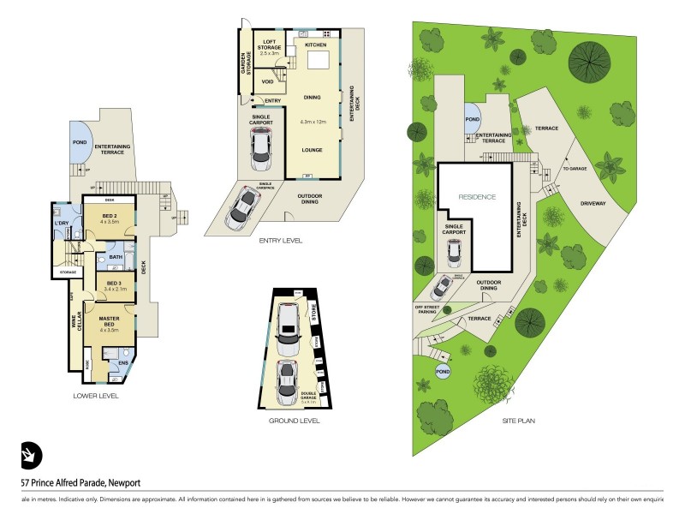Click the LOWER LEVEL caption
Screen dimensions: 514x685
pos(95,396)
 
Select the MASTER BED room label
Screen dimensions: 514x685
pos(109,319)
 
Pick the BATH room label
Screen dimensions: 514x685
pos(116,256)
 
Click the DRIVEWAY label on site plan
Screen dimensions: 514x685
pos(593,204)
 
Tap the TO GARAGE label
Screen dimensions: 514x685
pos(575,169)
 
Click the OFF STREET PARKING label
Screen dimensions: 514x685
pos(426,309)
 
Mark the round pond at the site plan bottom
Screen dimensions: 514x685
pos(443,372)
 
